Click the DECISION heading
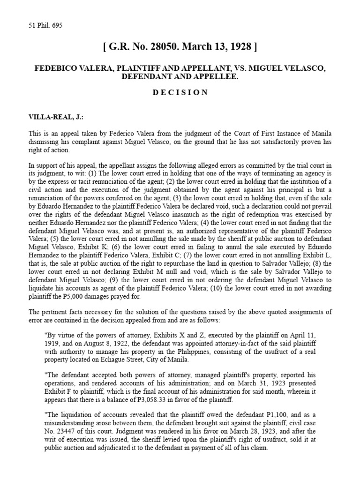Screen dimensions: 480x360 click(180, 92)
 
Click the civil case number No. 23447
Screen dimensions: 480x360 click(62, 429)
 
